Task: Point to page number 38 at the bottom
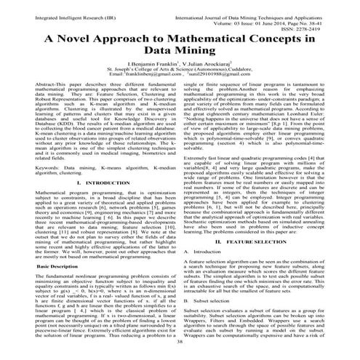pos(180,352)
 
